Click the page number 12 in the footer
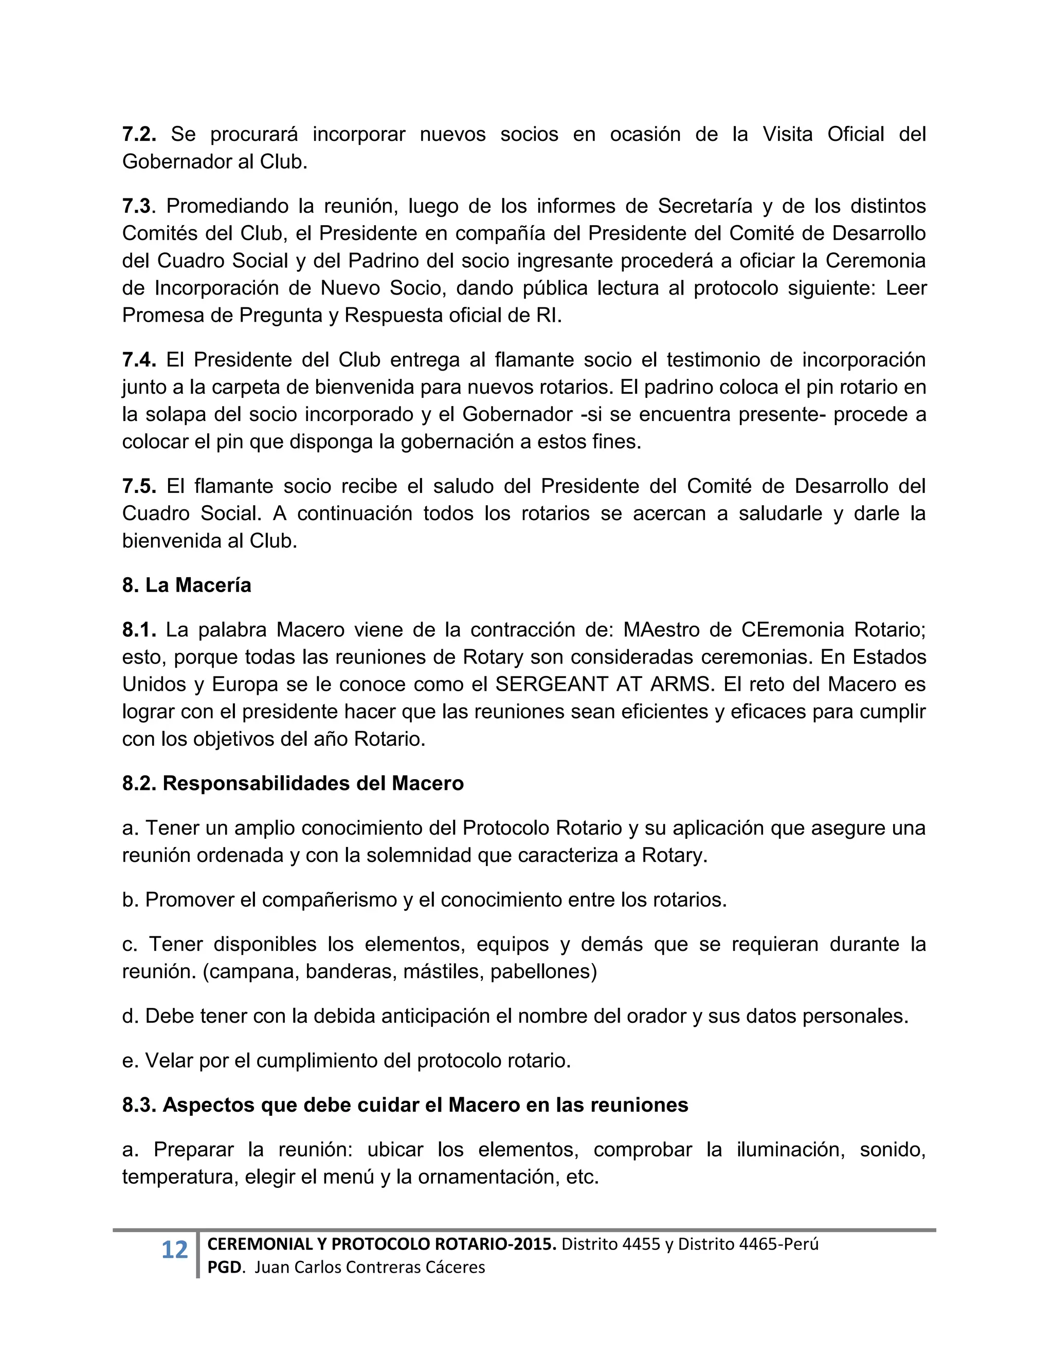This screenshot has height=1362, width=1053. click(x=174, y=1250)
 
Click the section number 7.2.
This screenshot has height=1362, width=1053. click(x=138, y=134)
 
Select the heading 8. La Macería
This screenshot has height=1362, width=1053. click(x=187, y=585)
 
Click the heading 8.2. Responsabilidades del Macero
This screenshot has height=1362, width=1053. click(x=293, y=783)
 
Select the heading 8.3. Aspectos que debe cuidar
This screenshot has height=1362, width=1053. click(x=405, y=1105)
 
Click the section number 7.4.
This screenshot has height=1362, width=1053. click(x=138, y=360)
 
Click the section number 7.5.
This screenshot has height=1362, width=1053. click(x=138, y=486)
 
